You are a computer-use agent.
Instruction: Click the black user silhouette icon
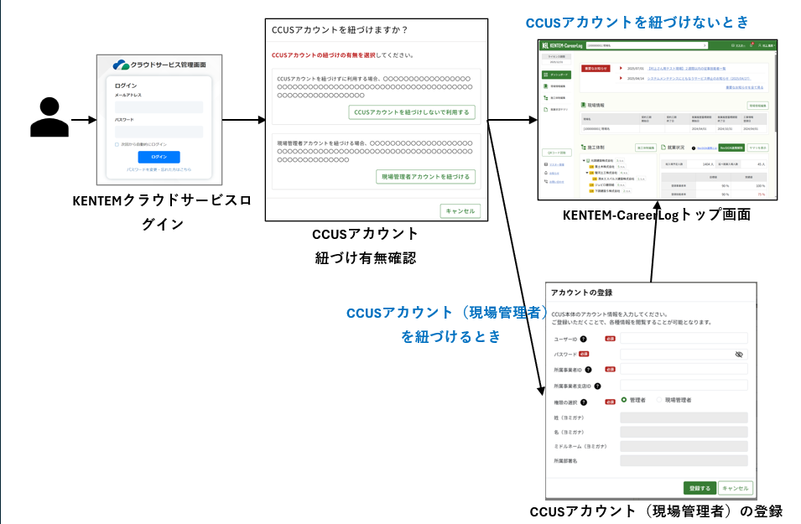[x=49, y=117]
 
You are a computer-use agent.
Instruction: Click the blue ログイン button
[x=159, y=157]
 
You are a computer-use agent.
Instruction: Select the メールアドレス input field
[x=159, y=107]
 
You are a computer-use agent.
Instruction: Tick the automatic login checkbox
[x=117, y=144]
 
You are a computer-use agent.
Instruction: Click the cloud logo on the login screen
[x=121, y=65]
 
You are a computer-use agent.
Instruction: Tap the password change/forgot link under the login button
[x=159, y=169]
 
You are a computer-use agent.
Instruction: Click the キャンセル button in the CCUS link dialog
[x=460, y=210]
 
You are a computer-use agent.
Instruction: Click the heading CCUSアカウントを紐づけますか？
[x=340, y=30]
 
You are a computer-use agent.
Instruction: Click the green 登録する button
[x=699, y=488]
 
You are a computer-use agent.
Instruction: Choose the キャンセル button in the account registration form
[x=736, y=488]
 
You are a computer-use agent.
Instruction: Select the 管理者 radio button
[x=624, y=400]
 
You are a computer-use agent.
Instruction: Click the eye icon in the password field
[x=739, y=355]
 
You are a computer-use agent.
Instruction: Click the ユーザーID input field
[x=684, y=339]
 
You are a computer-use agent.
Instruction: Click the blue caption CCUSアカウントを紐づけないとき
[x=637, y=23]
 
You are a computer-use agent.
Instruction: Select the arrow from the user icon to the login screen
[x=84, y=120]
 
